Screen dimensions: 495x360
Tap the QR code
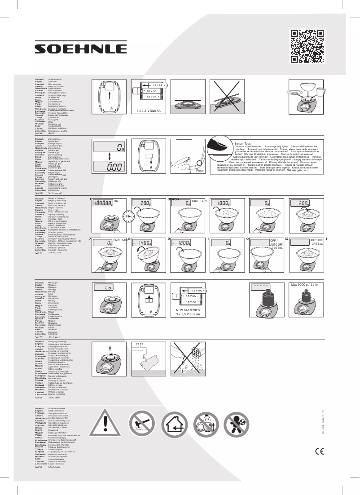(x=307, y=47)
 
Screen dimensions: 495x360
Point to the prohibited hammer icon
(x=141, y=424)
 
